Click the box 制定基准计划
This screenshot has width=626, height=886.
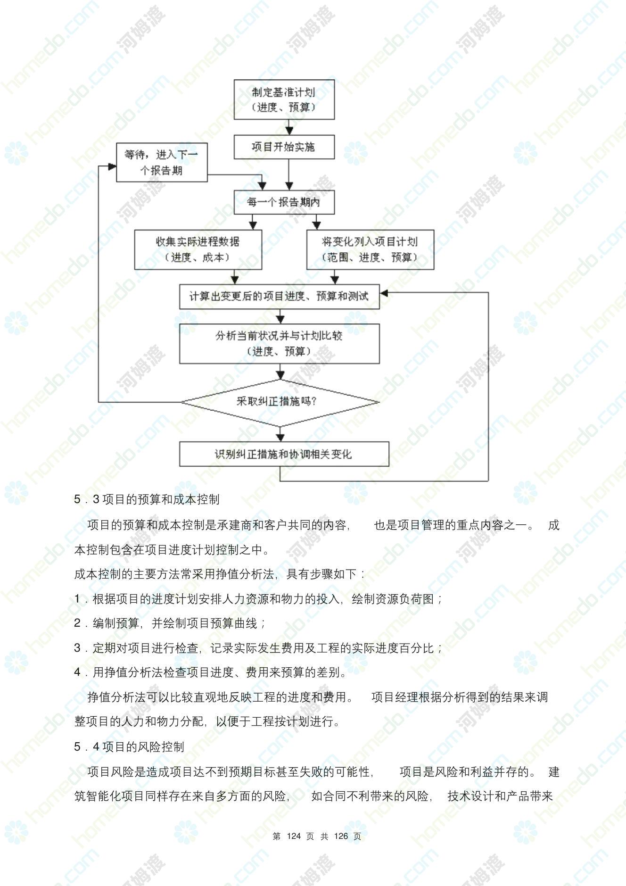[x=284, y=99]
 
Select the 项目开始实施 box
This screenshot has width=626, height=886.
[x=284, y=147]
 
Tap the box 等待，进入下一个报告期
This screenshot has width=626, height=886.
[x=162, y=162]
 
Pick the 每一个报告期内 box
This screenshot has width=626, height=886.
[x=284, y=202]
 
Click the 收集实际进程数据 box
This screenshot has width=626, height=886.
[x=198, y=249]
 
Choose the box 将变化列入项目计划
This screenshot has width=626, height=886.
[x=370, y=249]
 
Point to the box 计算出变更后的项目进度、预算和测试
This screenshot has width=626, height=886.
[x=280, y=296]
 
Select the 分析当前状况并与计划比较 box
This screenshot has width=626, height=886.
[x=280, y=343]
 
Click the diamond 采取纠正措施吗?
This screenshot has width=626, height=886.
[x=280, y=402]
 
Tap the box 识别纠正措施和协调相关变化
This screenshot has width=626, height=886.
[x=284, y=454]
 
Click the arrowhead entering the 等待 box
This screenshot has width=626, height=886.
[x=112, y=166]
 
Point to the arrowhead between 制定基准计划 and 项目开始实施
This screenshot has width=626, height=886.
[x=289, y=131]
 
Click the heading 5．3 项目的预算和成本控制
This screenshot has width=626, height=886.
[x=147, y=499]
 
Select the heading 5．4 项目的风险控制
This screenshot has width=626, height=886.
[x=129, y=746]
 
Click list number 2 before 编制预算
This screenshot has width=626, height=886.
[x=77, y=623]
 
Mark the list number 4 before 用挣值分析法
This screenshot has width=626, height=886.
[x=77, y=672]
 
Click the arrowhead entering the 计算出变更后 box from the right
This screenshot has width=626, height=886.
[x=384, y=293]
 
